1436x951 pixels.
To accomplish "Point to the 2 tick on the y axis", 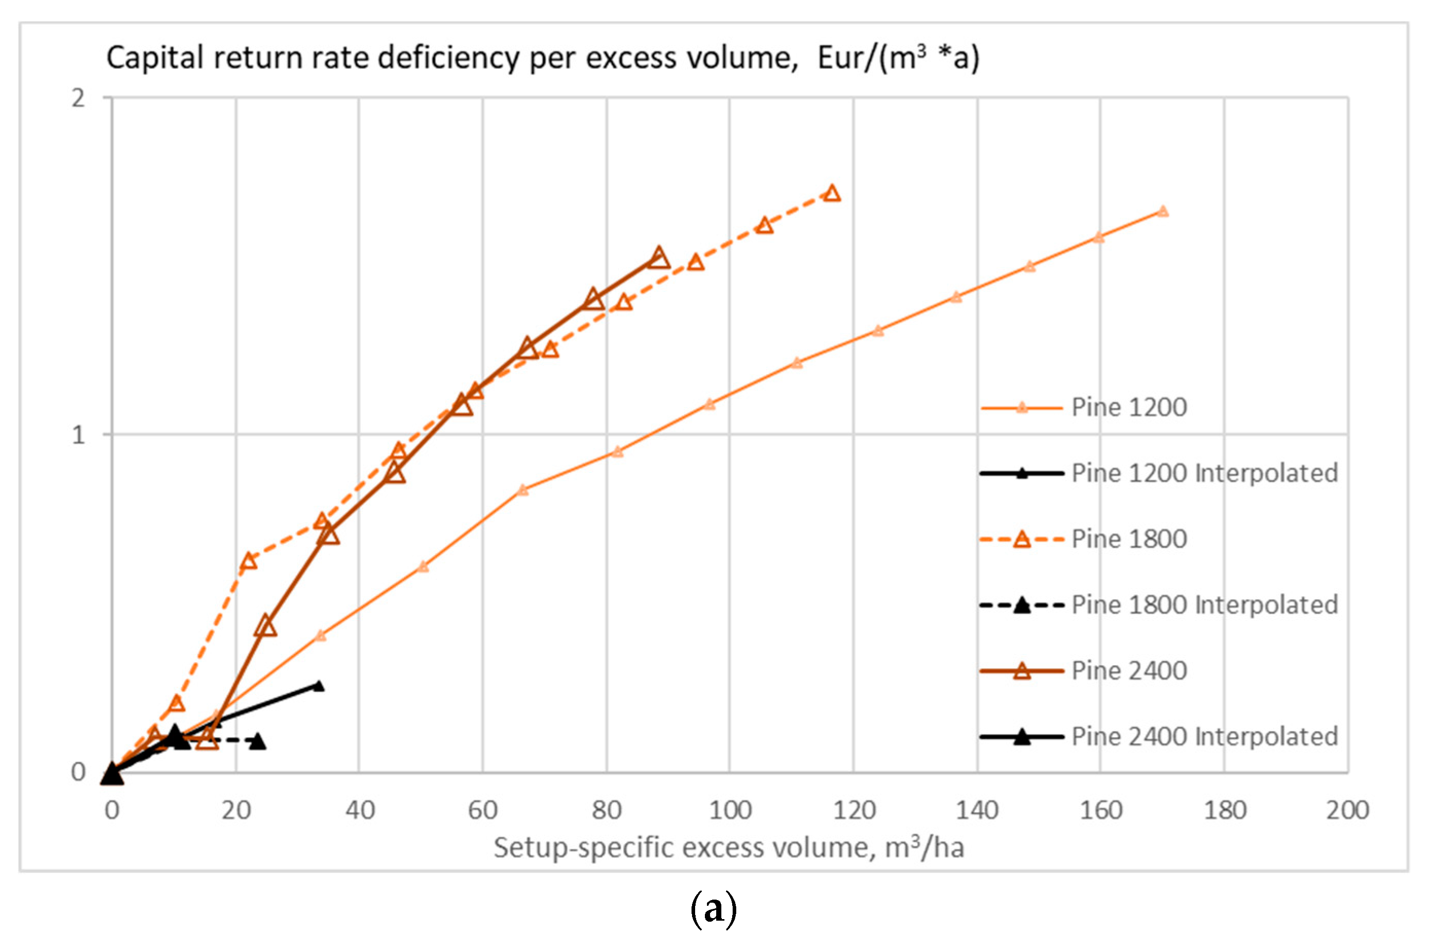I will click(78, 98).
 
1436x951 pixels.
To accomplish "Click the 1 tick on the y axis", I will click(78, 435).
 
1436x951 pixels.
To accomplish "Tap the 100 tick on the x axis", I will click(730, 810).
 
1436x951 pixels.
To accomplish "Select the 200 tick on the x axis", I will click(1348, 810).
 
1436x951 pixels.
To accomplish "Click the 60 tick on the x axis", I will click(483, 810).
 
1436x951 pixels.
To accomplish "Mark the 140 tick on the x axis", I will click(977, 810).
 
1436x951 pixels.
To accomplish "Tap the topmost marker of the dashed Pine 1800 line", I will click(832, 193).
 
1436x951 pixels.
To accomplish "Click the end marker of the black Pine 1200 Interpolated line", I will click(318, 686).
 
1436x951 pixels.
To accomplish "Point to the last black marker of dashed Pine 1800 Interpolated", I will click(258, 741).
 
